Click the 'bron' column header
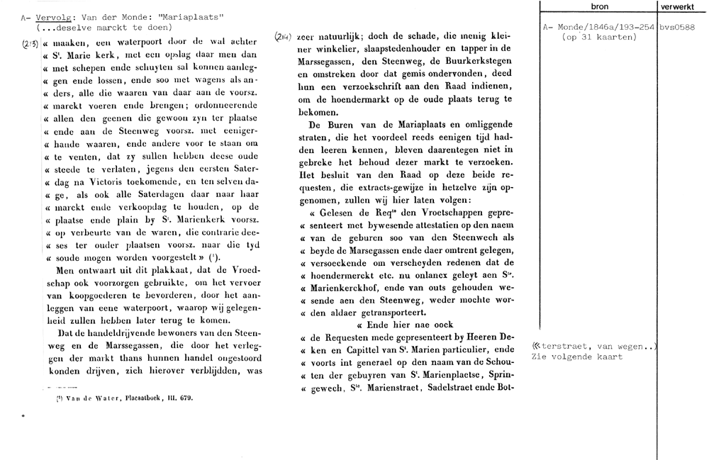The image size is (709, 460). [598, 6]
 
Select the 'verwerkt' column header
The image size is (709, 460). [677, 6]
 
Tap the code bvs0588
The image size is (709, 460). [676, 28]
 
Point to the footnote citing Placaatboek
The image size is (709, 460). [124, 398]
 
